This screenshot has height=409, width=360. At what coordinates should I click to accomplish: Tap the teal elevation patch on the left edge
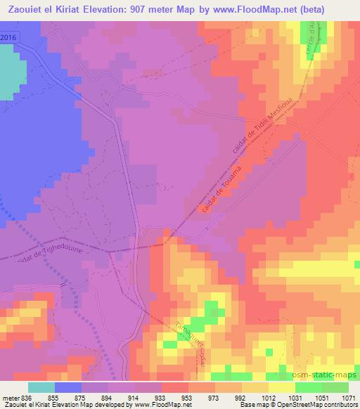tap(8, 73)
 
